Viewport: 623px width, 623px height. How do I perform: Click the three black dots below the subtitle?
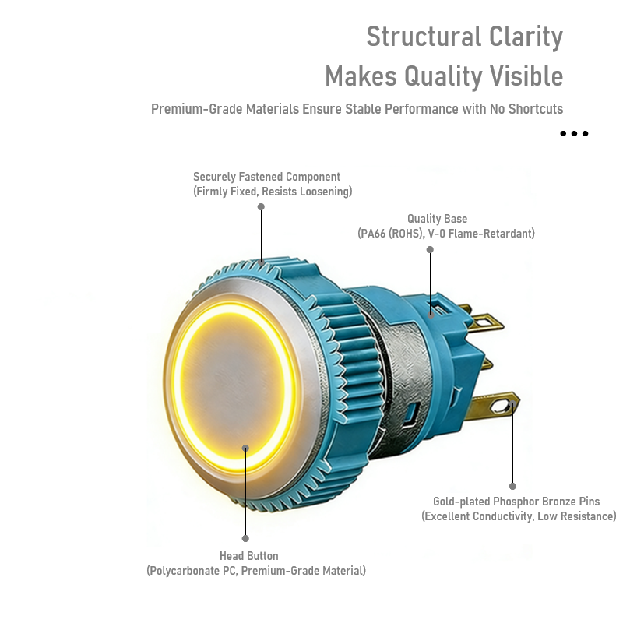point(574,134)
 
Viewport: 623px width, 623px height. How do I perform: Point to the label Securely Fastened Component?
point(266,177)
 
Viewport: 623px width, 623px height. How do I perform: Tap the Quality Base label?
point(437,219)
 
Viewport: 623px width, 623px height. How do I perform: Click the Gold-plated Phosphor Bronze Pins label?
point(516,502)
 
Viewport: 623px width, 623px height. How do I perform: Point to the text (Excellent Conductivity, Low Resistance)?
point(519,516)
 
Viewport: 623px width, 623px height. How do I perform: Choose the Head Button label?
point(248,556)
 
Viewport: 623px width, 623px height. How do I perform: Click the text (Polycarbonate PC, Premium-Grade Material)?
point(256,571)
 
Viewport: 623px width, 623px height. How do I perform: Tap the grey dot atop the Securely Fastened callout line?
point(261,207)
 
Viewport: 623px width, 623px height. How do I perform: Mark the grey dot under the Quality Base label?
point(430,250)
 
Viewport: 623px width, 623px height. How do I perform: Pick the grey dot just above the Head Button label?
point(245,538)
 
